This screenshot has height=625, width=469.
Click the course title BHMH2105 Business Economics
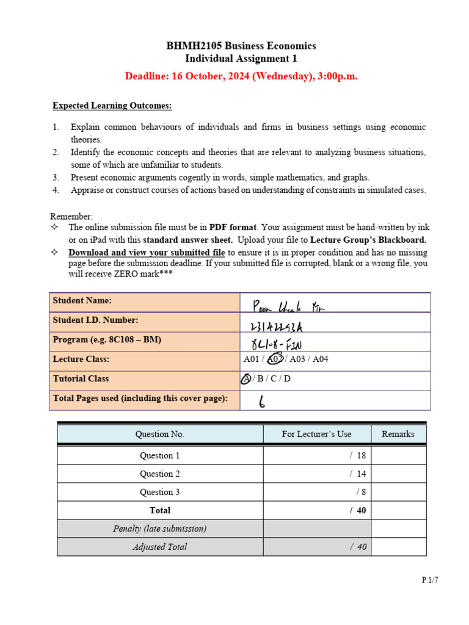click(241, 46)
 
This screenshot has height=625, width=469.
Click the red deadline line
click(241, 76)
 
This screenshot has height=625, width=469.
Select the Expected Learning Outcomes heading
click(112, 106)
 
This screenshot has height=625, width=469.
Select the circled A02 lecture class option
click(276, 359)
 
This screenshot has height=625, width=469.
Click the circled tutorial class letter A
click(245, 379)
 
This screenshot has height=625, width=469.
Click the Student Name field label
click(82, 300)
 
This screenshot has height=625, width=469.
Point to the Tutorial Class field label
click(81, 378)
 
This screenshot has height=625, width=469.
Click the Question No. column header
click(160, 434)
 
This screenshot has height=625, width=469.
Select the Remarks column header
click(398, 434)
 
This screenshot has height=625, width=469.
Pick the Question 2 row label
click(160, 474)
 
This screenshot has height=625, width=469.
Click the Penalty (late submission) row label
click(160, 529)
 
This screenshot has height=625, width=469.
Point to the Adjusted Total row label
click(160, 547)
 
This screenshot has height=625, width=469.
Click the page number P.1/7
click(430, 580)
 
